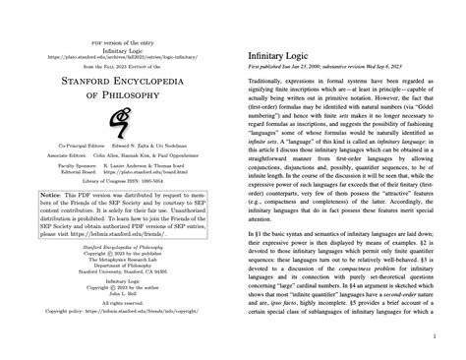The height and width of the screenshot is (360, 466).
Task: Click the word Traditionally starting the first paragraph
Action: click(270, 87)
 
